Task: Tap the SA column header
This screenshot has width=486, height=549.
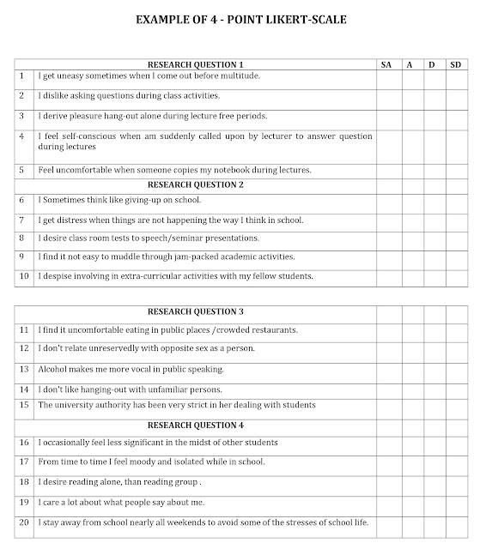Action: [386, 64]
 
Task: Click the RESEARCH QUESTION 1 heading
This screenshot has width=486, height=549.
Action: [196, 64]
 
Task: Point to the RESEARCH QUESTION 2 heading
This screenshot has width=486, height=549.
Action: [196, 184]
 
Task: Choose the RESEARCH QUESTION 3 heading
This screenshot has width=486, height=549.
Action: [196, 311]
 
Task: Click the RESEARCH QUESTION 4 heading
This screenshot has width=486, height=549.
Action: [196, 425]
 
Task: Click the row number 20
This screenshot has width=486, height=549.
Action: [24, 522]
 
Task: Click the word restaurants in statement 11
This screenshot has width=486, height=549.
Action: [270, 330]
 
